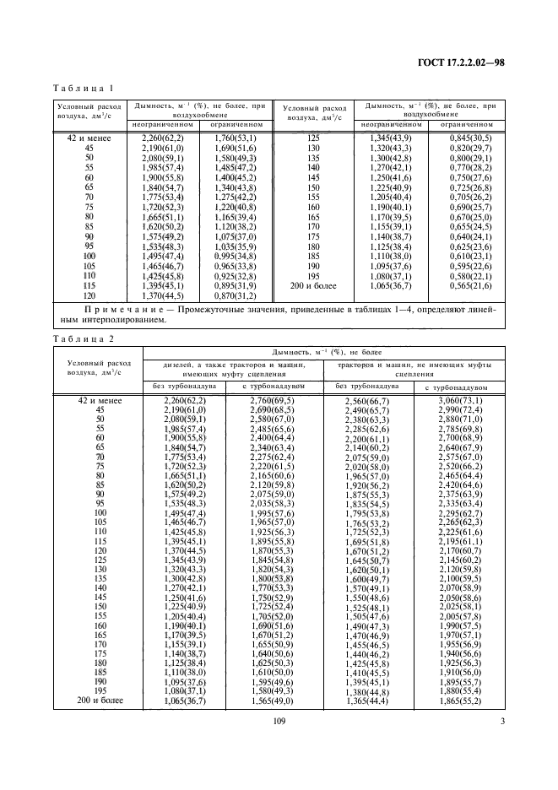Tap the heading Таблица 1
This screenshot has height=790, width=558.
[84, 88]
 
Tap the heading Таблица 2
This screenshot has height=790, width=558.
[84, 338]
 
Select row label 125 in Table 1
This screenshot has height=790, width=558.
[314, 138]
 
